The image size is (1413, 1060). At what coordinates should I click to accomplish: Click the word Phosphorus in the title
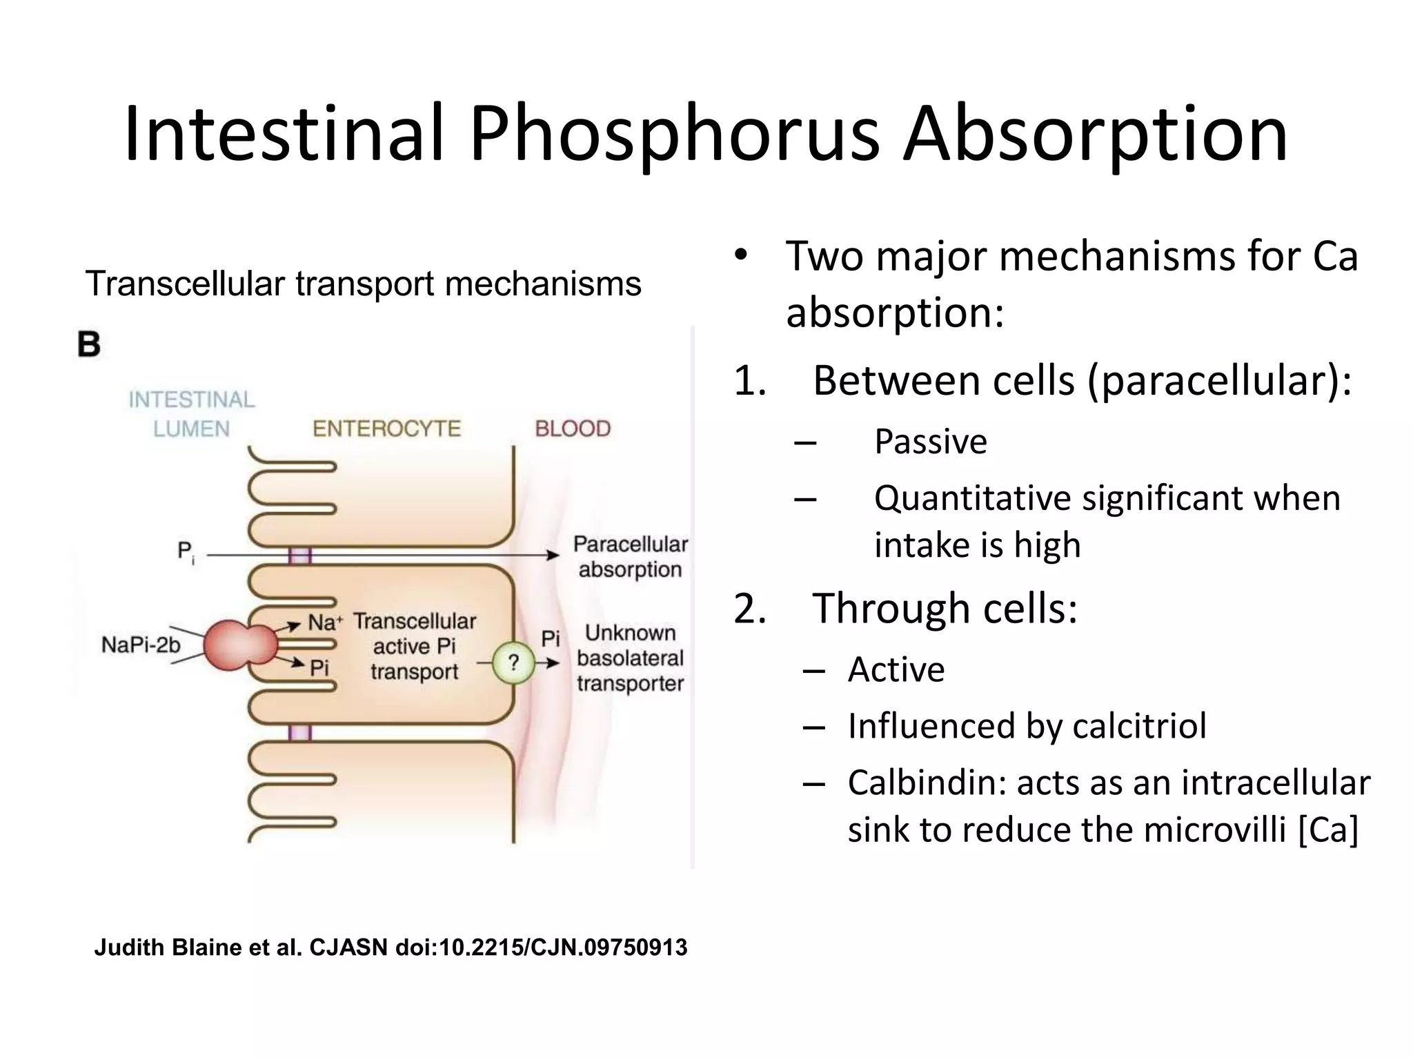(674, 135)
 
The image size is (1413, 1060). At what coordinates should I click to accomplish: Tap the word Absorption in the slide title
(1095, 135)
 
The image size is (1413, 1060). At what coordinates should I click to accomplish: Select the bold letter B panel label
(89, 344)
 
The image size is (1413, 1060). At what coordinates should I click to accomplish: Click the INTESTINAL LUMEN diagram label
(191, 414)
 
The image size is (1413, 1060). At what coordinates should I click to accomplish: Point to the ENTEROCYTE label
(386, 429)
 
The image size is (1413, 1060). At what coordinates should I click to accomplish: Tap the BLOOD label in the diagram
(573, 429)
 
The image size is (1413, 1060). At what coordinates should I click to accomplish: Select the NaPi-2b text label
(141, 645)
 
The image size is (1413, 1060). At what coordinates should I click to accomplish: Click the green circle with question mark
(513, 663)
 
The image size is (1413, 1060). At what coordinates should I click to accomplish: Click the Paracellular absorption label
(630, 557)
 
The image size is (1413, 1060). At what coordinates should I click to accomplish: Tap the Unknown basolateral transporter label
(630, 658)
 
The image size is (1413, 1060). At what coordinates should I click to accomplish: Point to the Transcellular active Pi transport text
(415, 647)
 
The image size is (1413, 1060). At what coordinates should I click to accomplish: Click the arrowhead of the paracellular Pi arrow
(553, 555)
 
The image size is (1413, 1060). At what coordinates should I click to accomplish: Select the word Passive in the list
(930, 442)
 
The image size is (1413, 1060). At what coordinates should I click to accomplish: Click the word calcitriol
(1139, 726)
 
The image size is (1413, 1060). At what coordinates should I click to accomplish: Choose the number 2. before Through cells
(749, 609)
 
